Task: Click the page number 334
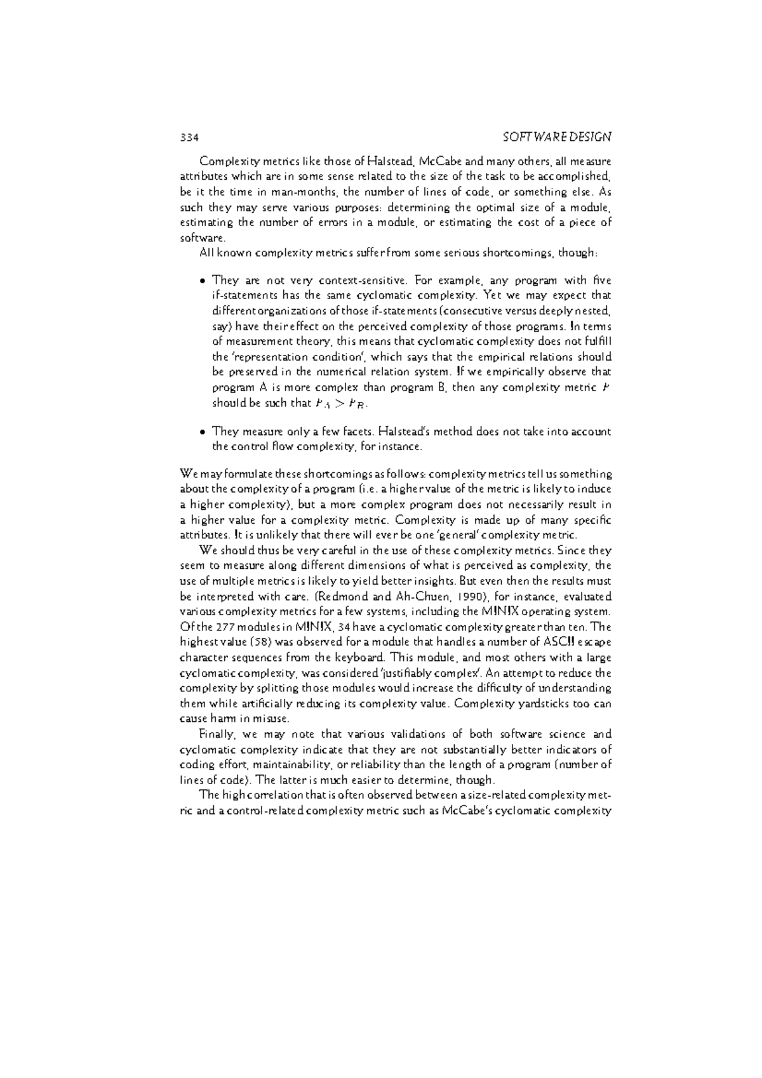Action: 190,136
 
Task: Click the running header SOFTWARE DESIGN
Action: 556,136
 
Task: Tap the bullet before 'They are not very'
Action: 201,281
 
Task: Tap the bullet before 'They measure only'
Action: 201,432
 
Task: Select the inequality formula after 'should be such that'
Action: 342,403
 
